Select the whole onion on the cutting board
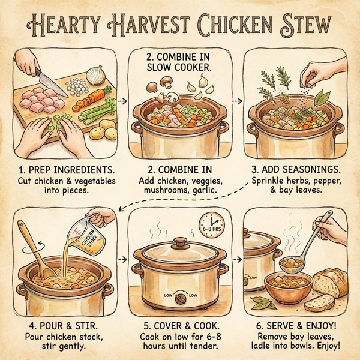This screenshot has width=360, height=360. [96, 74]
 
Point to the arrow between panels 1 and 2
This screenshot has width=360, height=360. [122, 102]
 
